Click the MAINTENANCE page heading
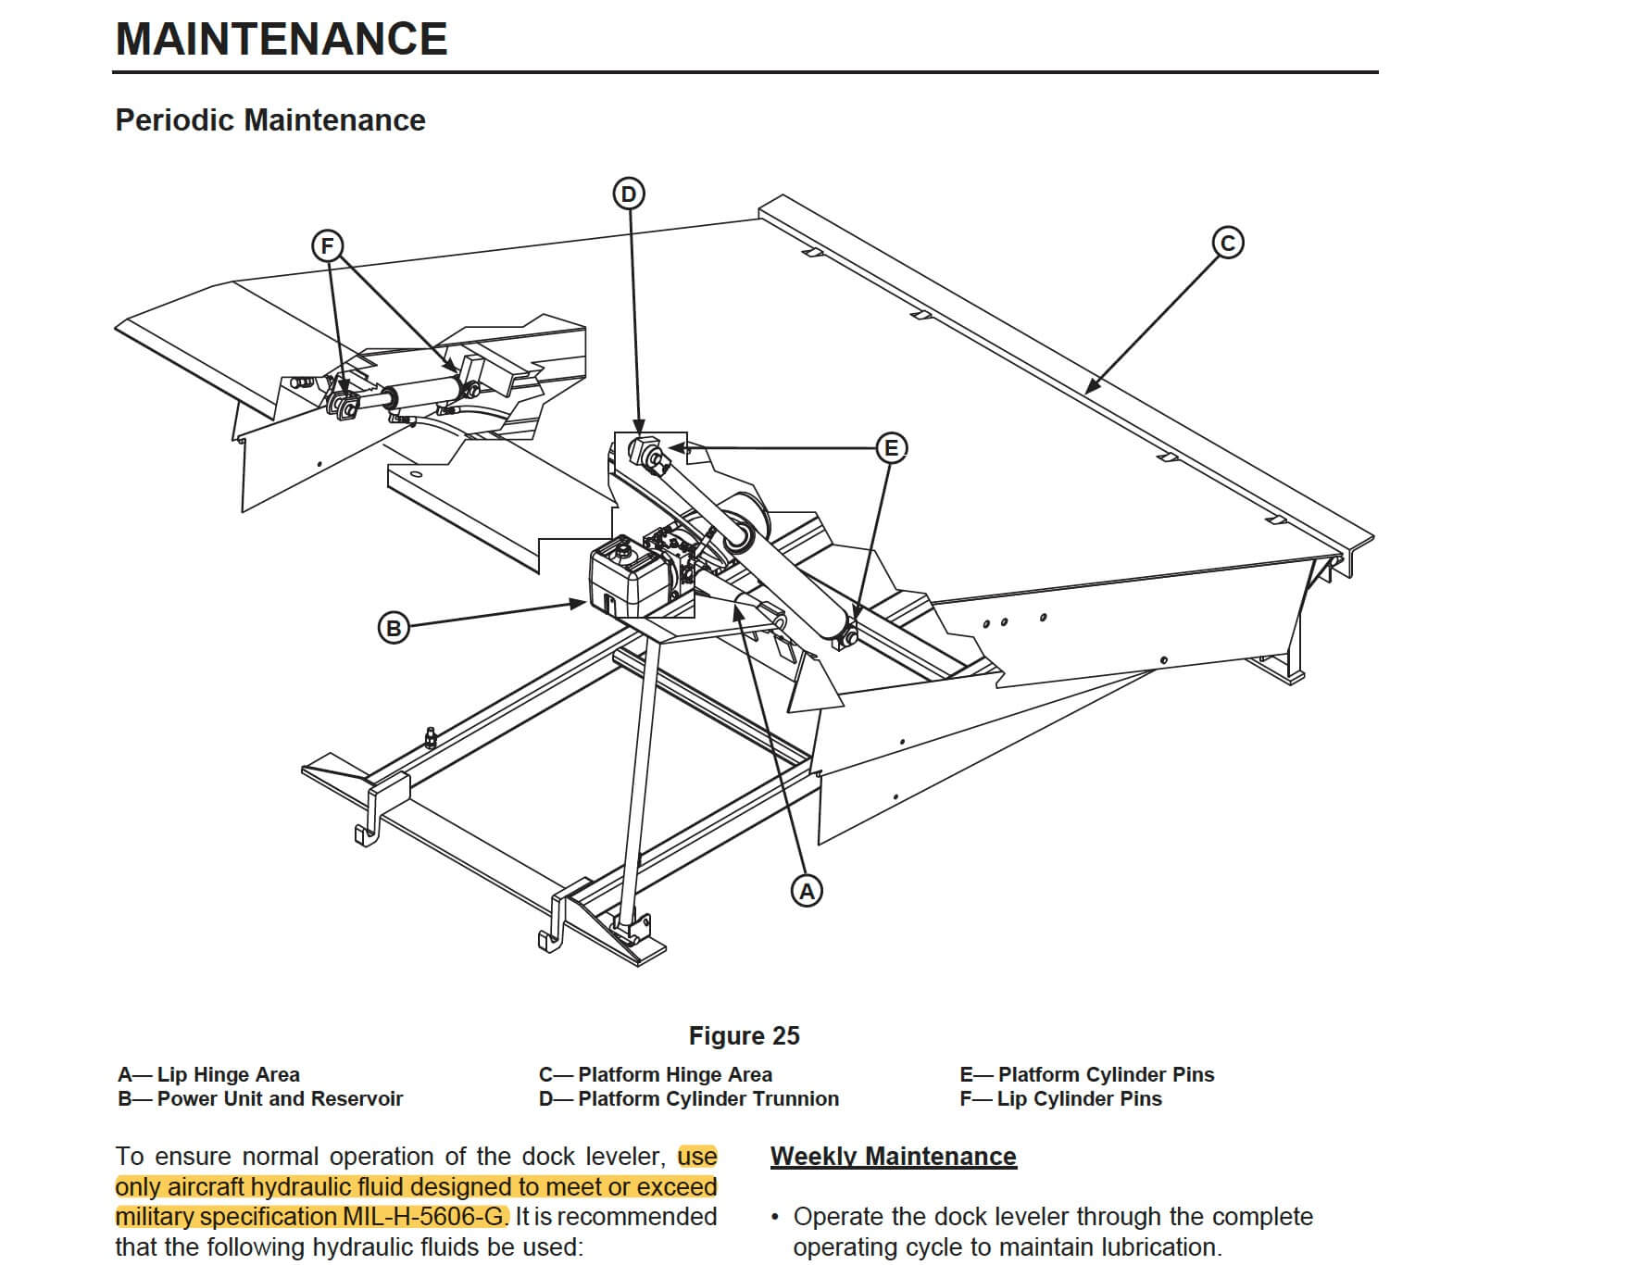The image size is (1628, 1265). [x=282, y=39]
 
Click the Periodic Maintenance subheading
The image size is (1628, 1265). [x=270, y=120]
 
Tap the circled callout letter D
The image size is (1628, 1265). [x=629, y=194]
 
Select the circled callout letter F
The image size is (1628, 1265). [x=326, y=246]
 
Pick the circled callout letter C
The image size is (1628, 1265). [x=1228, y=243]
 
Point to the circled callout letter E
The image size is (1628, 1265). [x=892, y=448]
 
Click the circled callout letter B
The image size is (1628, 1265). [x=394, y=628]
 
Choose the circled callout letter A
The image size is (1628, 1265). [x=807, y=891]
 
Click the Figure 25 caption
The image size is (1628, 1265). [x=744, y=1035]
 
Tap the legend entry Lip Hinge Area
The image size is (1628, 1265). [x=209, y=1074]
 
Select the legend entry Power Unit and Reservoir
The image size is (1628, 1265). [x=261, y=1098]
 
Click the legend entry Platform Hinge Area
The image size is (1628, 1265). [x=656, y=1074]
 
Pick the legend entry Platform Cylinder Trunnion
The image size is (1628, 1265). [x=689, y=1098]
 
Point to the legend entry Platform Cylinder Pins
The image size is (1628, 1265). [x=1087, y=1074]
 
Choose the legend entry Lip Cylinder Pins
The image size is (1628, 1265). [x=1061, y=1098]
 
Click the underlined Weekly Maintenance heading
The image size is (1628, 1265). [x=894, y=1157]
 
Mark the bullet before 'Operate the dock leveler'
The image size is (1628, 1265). [x=775, y=1217]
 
